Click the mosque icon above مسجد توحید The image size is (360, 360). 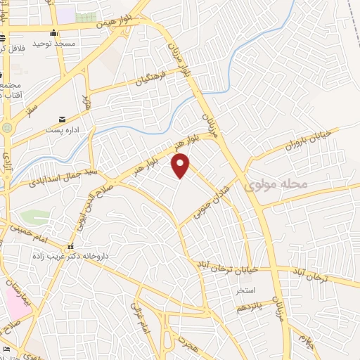click(x=54, y=32)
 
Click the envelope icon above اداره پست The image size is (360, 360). click(x=63, y=120)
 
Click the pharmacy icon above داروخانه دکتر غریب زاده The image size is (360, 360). click(x=70, y=247)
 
